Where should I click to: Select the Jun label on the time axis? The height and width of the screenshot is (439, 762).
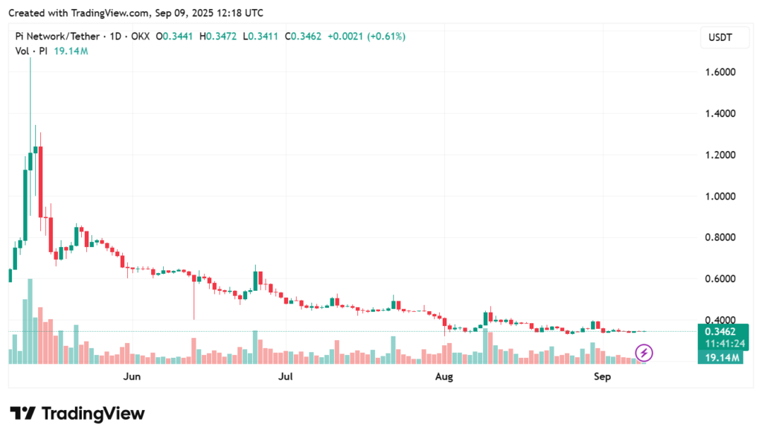click(132, 376)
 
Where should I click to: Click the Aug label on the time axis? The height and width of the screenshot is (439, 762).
click(444, 376)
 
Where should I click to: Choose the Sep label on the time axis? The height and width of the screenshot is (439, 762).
click(602, 376)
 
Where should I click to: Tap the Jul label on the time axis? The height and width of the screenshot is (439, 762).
click(286, 376)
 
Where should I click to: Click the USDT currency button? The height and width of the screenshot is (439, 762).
click(720, 37)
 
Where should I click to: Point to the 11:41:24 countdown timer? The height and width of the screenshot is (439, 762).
click(720, 344)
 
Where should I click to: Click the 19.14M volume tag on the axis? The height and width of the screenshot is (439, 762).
click(720, 358)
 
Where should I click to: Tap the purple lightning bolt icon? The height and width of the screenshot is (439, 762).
click(644, 352)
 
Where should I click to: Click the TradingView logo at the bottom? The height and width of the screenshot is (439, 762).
click(77, 414)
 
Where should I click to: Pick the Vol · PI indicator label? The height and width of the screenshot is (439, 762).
click(32, 51)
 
